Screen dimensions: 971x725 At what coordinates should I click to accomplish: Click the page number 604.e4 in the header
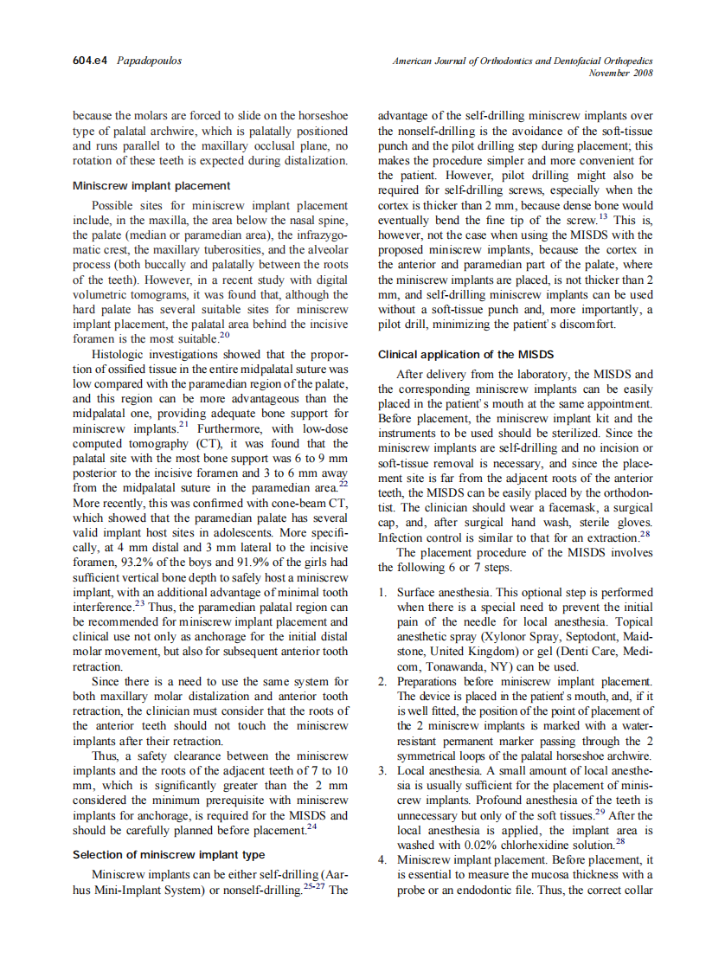tap(90, 61)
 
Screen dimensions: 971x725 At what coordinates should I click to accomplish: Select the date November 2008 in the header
tap(620, 74)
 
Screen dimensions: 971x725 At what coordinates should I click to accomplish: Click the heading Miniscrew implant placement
tap(151, 185)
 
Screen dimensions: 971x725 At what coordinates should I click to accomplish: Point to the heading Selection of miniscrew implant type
tap(169, 854)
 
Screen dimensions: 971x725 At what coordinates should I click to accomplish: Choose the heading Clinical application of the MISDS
tap(465, 355)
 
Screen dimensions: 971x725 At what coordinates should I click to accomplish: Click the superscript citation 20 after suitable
tap(224, 335)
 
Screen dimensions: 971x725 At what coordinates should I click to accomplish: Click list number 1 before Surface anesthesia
tap(382, 593)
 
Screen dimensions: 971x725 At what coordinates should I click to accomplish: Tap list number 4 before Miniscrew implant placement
tap(382, 860)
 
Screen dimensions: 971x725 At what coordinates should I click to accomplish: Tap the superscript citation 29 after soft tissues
tap(599, 813)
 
